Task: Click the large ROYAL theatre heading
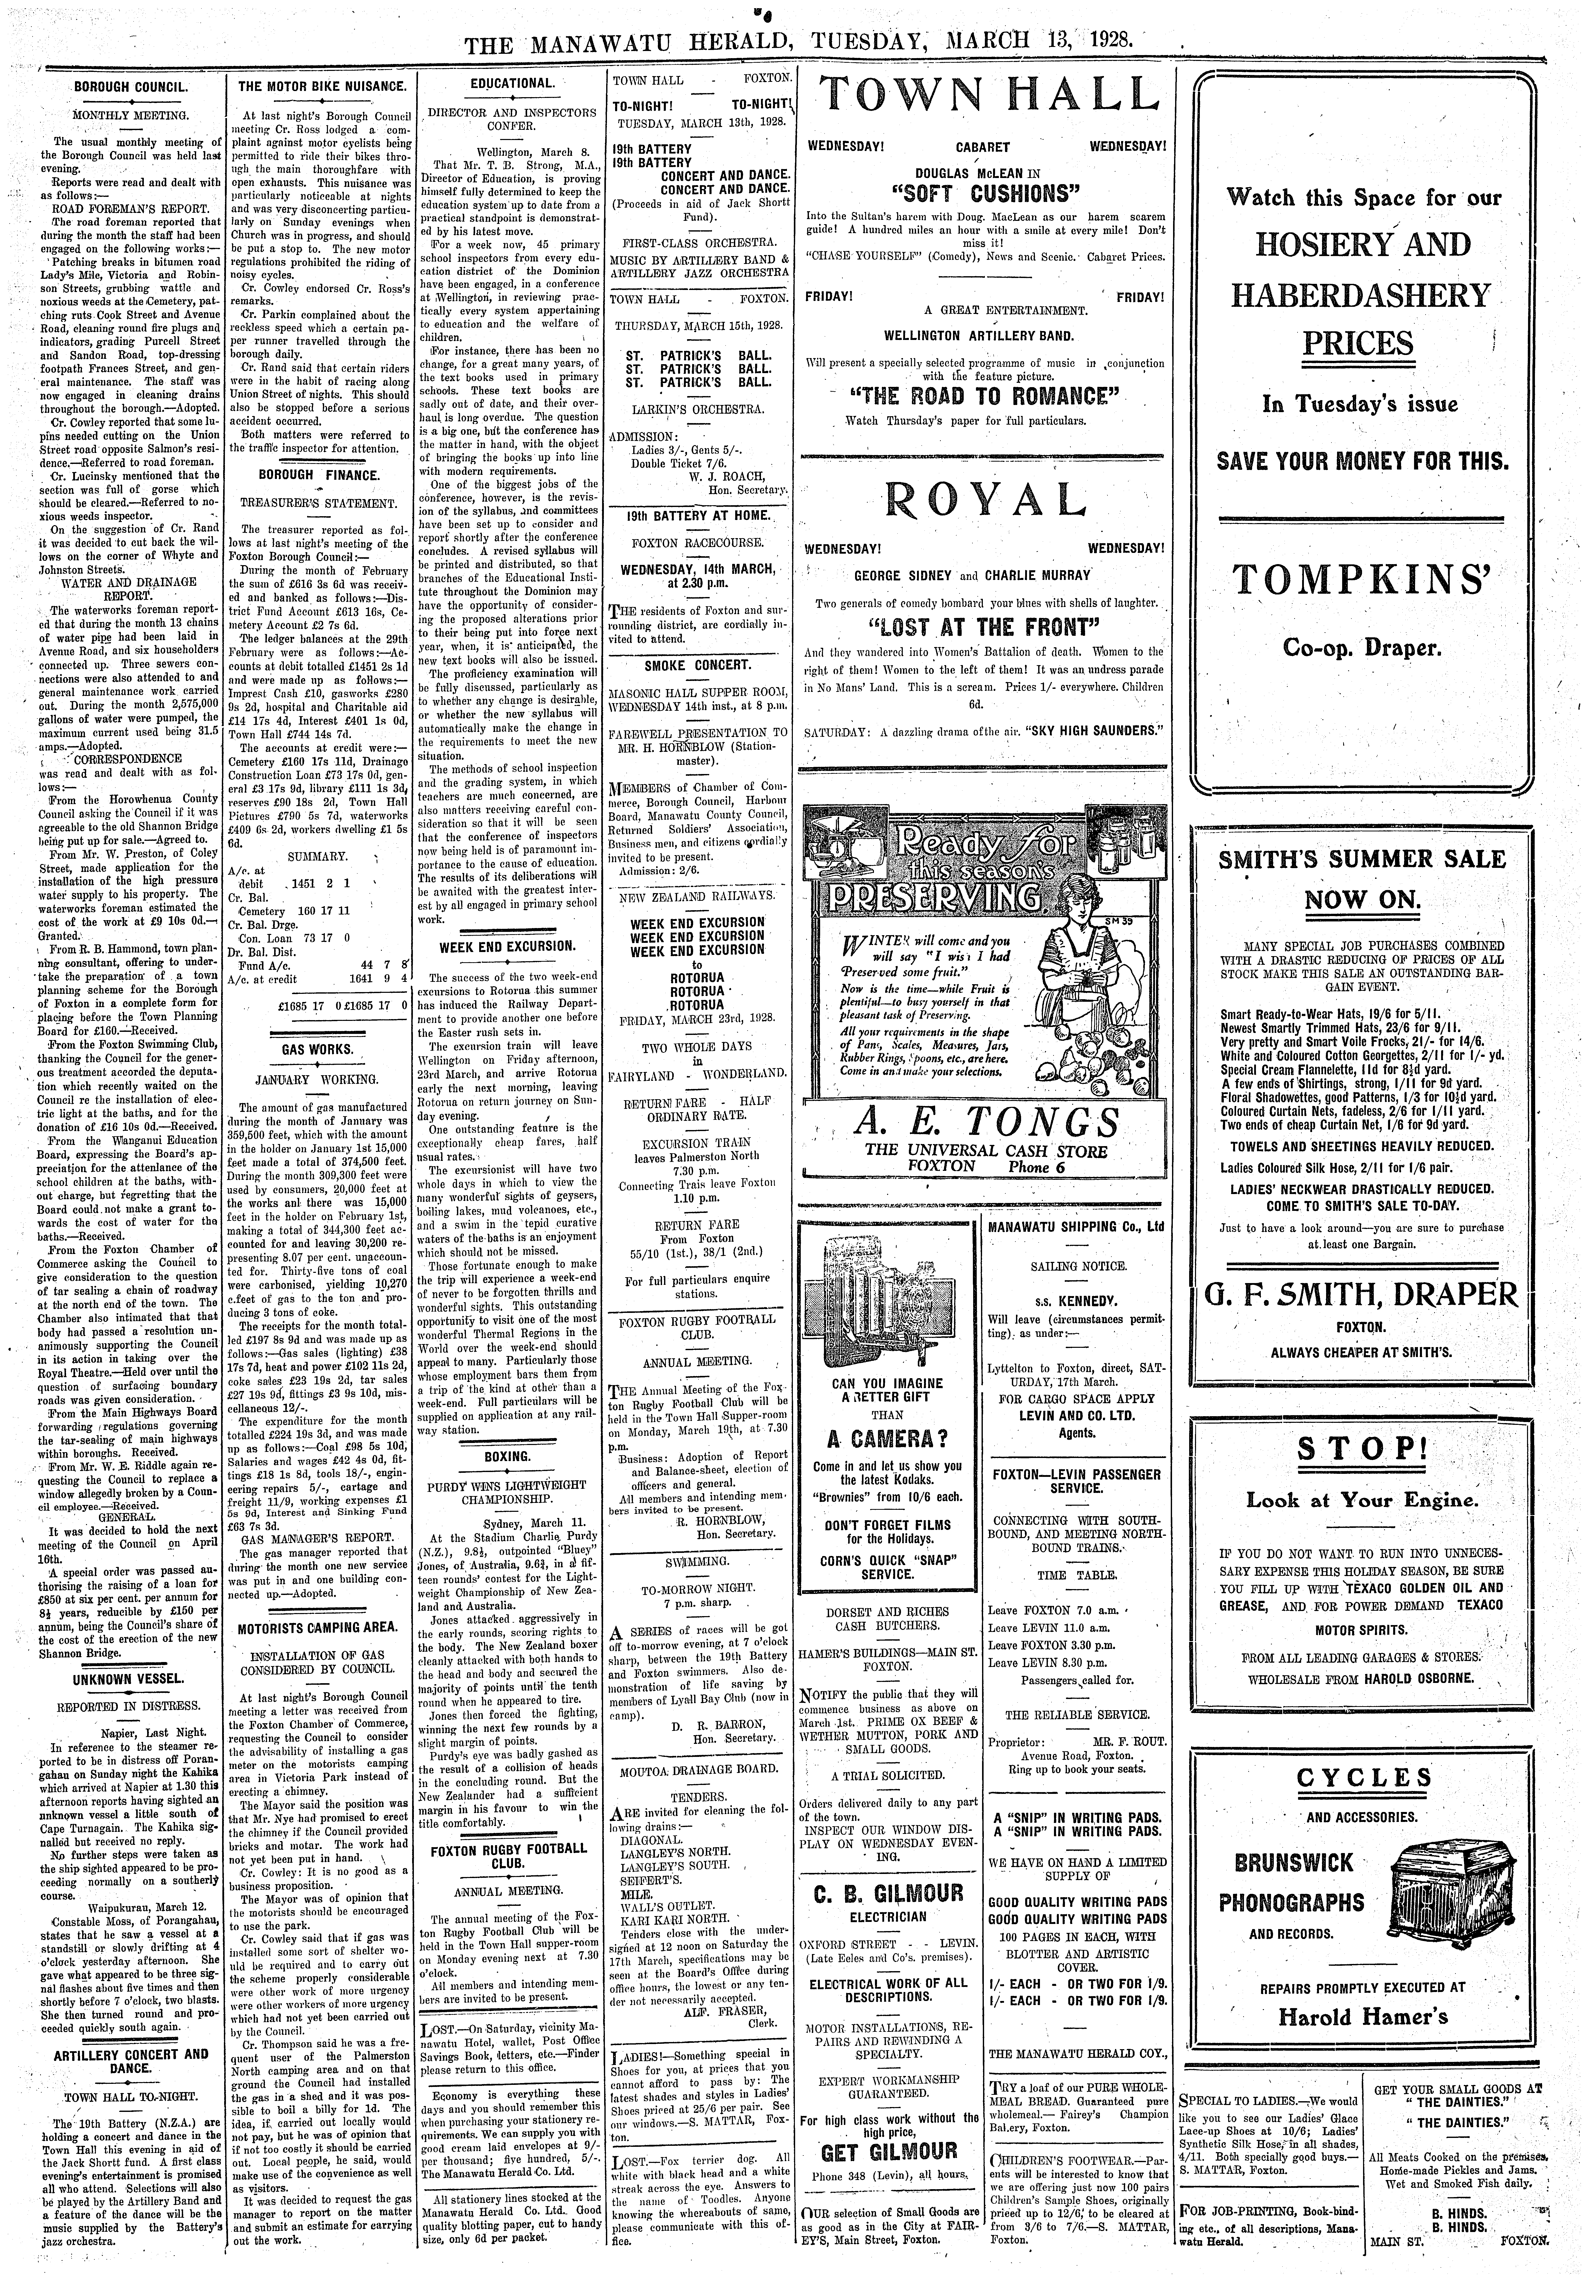coord(987,500)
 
